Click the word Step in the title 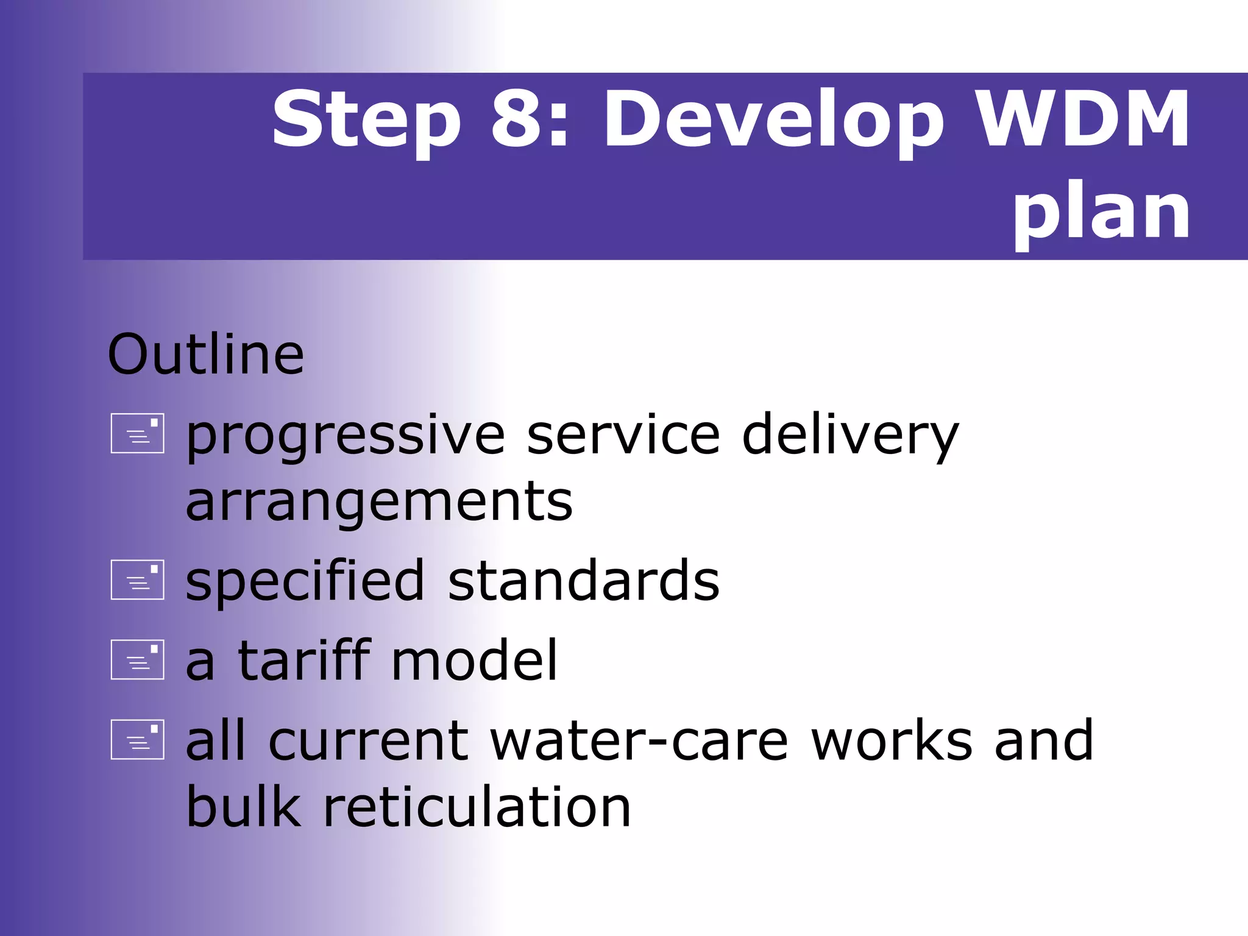click(366, 120)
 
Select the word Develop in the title click(773, 120)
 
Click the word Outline click(205, 355)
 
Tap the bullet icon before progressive click(138, 434)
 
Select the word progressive click(345, 436)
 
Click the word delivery click(850, 436)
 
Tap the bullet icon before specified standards click(138, 580)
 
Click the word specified click(305, 582)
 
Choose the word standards click(583, 581)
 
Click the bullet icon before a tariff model click(138, 659)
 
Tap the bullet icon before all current click(138, 739)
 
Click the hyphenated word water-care click(639, 741)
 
